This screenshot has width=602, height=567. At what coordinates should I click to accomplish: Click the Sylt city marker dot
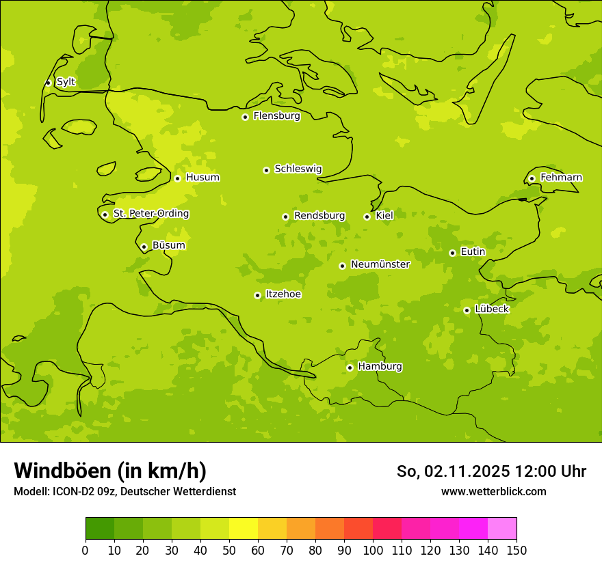[48, 83]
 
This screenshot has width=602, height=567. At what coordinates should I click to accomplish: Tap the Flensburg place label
[276, 116]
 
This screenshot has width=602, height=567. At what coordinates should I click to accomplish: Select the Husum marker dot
[177, 178]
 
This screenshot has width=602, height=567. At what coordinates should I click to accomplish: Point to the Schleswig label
[298, 169]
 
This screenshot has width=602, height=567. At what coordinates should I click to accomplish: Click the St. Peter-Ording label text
[150, 214]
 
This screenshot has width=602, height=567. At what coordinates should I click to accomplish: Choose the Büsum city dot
[144, 247]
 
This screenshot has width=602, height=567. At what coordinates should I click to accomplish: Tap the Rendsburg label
[319, 216]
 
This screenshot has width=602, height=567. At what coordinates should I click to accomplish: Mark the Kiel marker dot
[367, 217]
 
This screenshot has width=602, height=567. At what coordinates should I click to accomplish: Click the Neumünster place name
[380, 264]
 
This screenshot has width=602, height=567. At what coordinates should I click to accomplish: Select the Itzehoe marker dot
[257, 295]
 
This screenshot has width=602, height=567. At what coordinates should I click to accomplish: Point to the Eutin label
[473, 252]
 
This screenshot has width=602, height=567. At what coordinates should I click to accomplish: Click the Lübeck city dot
[467, 310]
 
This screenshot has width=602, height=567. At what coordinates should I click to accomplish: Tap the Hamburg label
[380, 366]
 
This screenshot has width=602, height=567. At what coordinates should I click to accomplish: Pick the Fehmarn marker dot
[532, 178]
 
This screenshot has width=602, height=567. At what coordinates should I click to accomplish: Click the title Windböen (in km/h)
[110, 471]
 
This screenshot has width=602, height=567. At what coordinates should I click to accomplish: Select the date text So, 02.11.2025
[452, 471]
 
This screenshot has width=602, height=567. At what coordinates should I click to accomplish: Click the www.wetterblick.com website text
[493, 491]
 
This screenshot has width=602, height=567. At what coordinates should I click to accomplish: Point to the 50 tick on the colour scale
[229, 551]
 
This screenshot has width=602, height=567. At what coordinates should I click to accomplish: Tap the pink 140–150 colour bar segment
[502, 529]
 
